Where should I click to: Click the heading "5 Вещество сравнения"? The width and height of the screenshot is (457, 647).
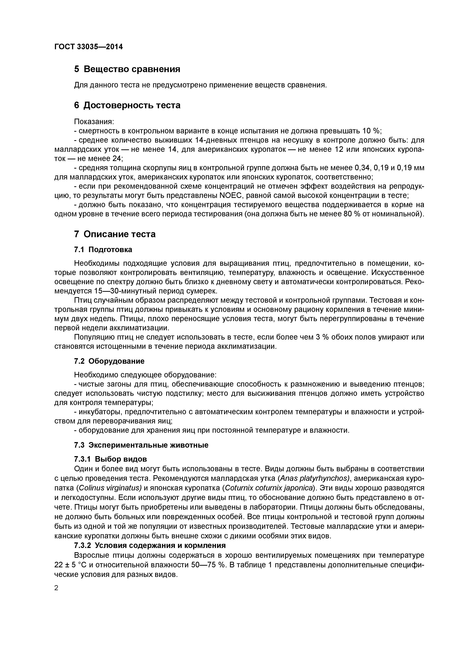pos(127,69)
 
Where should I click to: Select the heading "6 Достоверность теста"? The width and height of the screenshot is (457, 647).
pos(127,105)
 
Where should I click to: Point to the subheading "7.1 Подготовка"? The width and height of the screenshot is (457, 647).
pos(103,250)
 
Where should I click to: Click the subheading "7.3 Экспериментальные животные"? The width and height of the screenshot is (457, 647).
pos(141,445)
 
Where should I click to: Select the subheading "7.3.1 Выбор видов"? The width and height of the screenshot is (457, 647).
pos(110,459)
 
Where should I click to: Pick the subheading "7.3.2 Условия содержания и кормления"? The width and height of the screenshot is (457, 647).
pos(150,546)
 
